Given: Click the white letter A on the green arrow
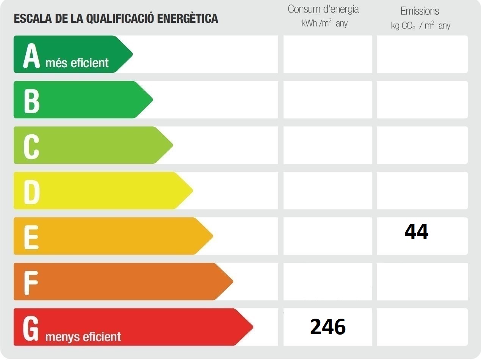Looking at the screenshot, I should (31, 56).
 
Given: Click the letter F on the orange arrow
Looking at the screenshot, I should (31, 283).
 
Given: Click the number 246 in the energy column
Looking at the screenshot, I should (328, 327).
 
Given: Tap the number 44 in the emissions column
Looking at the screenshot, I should (416, 232).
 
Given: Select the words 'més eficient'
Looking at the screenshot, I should (77, 63).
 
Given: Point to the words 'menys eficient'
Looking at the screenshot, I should (83, 336).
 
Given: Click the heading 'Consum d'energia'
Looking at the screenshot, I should (323, 9).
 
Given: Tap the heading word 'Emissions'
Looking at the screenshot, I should (420, 11).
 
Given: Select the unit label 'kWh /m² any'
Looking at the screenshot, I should (324, 24).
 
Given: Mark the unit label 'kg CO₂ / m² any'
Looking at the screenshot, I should (420, 26).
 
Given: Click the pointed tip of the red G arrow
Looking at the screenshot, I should (252, 327).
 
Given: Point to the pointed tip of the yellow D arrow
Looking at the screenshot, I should (192, 190).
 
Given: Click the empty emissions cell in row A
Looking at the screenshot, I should (422, 54).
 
